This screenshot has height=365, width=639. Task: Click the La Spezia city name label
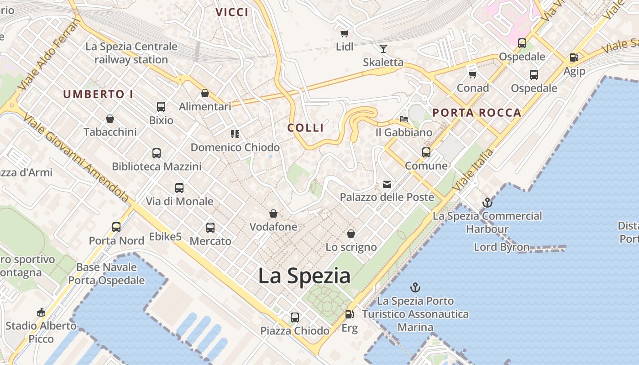tap(304, 276)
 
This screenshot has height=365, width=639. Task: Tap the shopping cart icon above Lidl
tap(345, 33)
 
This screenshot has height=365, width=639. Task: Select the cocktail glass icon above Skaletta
tap(383, 49)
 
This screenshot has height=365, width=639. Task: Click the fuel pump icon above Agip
tap(574, 58)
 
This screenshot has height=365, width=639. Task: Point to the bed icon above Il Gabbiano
tap(404, 119)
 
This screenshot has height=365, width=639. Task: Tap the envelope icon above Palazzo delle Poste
tap(387, 184)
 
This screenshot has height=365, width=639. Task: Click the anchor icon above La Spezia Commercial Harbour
tap(487, 203)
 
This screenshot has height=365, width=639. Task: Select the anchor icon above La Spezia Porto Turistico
tap(415, 287)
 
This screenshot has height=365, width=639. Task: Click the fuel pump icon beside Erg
tap(349, 314)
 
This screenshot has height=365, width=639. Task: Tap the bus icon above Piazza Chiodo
tap(295, 317)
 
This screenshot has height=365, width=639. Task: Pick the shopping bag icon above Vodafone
tap(273, 214)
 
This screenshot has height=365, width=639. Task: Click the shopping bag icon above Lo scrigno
tap(351, 234)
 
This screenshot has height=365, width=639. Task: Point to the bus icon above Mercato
tap(210, 227)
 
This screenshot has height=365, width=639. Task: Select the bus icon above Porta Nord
tap(116, 227)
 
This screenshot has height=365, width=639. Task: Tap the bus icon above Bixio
tap(161, 107)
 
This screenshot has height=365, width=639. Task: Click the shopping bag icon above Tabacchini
tap(110, 119)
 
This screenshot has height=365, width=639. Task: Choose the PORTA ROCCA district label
tap(477, 113)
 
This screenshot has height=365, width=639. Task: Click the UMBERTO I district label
tap(98, 94)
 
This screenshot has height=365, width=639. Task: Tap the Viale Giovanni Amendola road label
tap(75, 157)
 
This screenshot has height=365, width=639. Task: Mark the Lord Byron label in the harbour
tap(502, 247)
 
